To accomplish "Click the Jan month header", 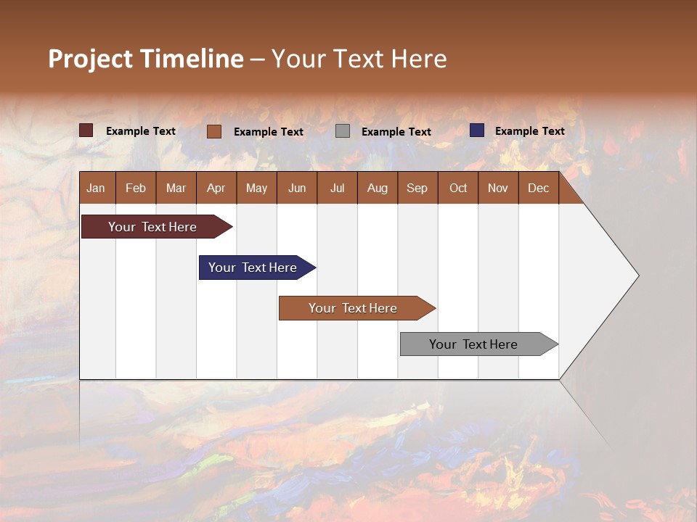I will (x=97, y=188).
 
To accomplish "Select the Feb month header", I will (x=136, y=188).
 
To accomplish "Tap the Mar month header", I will (x=176, y=188).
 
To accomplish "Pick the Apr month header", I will (x=216, y=188).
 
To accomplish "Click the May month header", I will (x=256, y=188).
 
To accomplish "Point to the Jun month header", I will (x=297, y=188).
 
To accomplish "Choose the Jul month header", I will (x=337, y=188).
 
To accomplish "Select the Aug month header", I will (x=378, y=188).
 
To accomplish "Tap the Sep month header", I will (x=417, y=188).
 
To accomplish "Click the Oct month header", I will (x=458, y=188).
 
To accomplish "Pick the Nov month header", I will (x=498, y=188).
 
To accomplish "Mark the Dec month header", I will (x=539, y=188).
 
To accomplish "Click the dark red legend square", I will (x=86, y=130).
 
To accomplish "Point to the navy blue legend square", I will (x=477, y=130).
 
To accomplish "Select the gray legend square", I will (x=343, y=131).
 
